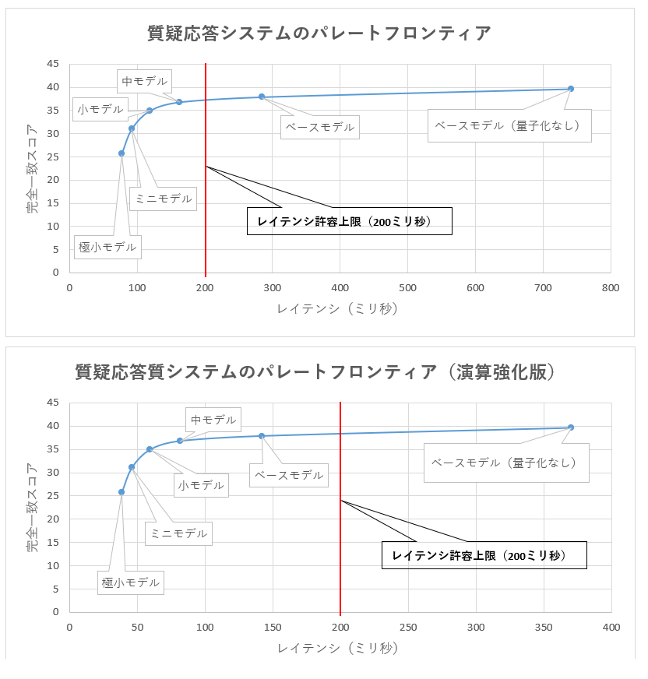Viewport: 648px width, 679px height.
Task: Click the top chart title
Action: click(x=319, y=33)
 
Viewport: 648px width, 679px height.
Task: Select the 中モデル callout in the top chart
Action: click(x=145, y=80)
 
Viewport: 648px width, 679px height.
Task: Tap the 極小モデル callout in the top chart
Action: click(x=107, y=248)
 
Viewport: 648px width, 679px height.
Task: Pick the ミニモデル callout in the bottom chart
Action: click(x=178, y=533)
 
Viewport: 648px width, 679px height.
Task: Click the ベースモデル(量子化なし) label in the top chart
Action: click(x=509, y=125)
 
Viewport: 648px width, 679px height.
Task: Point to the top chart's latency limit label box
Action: click(x=350, y=221)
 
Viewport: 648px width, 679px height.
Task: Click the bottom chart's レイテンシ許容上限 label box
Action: click(x=484, y=555)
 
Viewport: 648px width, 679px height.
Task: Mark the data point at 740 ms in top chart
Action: click(x=571, y=89)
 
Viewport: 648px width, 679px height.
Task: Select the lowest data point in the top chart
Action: click(x=121, y=153)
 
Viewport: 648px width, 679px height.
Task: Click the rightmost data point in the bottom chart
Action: click(x=571, y=427)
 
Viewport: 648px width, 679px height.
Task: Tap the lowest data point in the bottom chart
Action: click(x=121, y=492)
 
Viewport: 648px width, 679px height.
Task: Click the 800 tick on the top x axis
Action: click(x=611, y=288)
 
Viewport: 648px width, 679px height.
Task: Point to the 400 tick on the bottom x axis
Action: click(x=611, y=627)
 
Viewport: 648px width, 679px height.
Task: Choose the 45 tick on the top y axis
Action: click(x=54, y=64)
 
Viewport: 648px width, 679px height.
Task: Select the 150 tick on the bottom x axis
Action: click(x=273, y=627)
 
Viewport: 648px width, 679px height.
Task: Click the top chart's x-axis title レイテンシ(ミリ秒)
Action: click(x=339, y=309)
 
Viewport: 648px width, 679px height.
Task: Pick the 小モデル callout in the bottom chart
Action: click(x=200, y=485)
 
